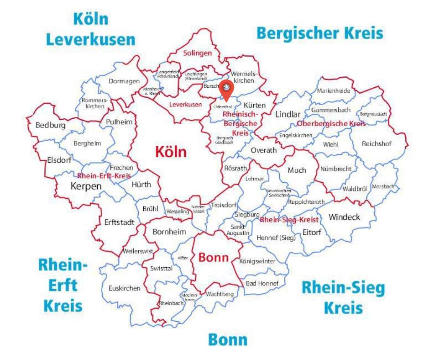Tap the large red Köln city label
click(171, 152)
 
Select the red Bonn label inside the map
click(213, 257)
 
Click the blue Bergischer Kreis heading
click(319, 33)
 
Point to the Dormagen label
click(124, 81)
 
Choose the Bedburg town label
click(50, 125)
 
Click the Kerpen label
click(86, 186)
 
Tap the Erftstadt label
click(119, 222)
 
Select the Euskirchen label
click(124, 288)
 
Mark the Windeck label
click(344, 217)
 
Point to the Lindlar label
click(288, 114)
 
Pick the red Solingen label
click(198, 53)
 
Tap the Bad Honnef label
click(262, 283)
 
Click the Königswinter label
click(257, 261)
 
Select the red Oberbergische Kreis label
click(331, 124)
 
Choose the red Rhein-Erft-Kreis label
click(104, 175)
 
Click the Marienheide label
click(334, 90)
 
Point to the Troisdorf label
click(223, 205)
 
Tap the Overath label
click(264, 150)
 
